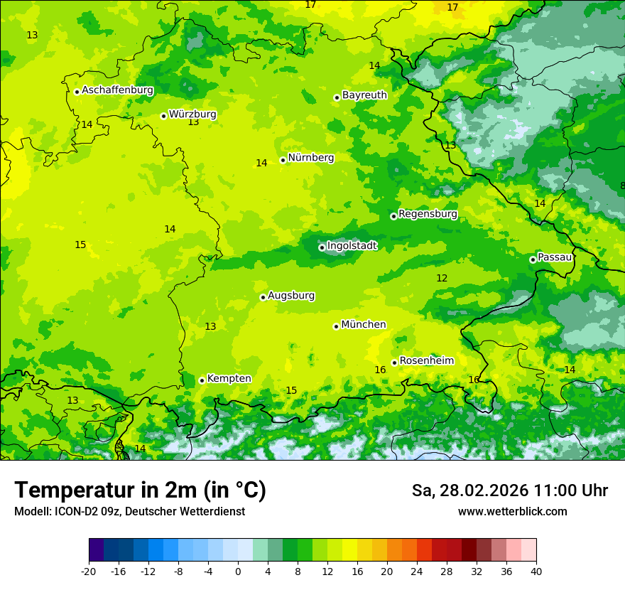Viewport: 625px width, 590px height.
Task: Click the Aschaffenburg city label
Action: click(117, 90)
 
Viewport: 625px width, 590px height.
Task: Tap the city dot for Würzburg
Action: click(163, 116)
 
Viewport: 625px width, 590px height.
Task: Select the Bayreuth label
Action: click(364, 95)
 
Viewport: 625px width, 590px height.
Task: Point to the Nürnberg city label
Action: click(310, 158)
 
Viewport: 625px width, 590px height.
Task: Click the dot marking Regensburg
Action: click(393, 216)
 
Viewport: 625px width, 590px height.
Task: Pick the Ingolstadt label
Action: click(352, 246)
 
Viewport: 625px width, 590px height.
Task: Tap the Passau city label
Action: click(555, 257)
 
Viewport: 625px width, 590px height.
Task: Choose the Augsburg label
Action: click(291, 296)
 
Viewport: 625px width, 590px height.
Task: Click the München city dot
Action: click(336, 326)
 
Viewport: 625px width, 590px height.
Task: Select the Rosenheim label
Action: click(426, 361)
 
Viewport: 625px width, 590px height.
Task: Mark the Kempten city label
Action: click(229, 379)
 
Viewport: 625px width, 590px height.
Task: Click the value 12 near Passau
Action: click(442, 278)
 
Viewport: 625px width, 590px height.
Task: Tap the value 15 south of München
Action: click(291, 390)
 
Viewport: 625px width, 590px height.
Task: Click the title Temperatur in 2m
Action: click(140, 490)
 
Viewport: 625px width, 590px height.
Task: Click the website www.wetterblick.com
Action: click(512, 511)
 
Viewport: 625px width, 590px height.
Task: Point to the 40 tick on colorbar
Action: click(536, 572)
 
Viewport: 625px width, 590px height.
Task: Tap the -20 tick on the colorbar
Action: click(89, 572)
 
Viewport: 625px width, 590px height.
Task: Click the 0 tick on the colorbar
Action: click(238, 572)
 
